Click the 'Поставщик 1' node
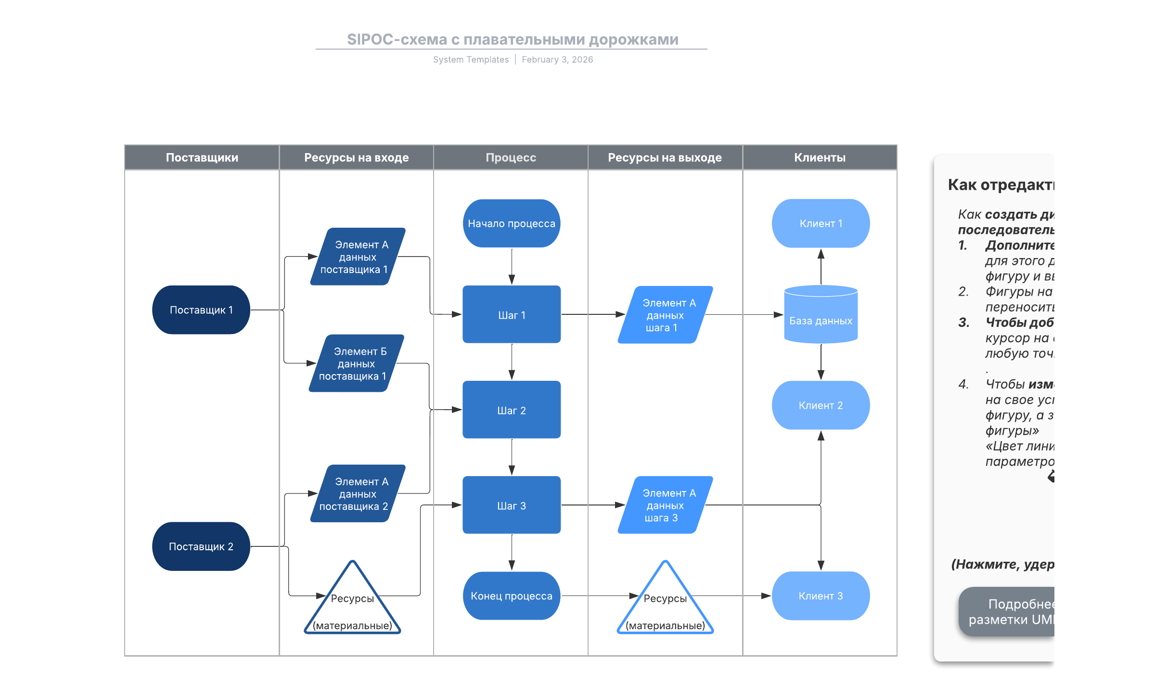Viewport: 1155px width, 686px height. pos(201,310)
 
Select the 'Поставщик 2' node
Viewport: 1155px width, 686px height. pos(201,546)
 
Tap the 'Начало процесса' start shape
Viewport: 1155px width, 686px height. pos(512,223)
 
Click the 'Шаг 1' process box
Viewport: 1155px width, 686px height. pos(512,315)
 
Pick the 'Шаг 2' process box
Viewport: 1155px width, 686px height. pos(512,410)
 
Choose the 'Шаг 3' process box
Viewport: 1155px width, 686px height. pos(512,505)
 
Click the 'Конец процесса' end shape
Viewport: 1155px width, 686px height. pos(512,596)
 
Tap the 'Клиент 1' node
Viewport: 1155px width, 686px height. pos(821,223)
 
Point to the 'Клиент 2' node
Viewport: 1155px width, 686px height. pos(821,405)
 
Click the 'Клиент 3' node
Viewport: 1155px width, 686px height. pos(821,596)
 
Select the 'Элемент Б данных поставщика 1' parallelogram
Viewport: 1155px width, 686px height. pos(356,363)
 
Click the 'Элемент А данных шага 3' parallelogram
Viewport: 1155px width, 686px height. pos(665,505)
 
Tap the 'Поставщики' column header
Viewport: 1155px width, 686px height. pos(202,157)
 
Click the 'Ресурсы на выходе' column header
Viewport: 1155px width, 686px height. pos(665,157)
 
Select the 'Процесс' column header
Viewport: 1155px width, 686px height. pos(511,157)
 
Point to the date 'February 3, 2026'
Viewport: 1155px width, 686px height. pos(557,60)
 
